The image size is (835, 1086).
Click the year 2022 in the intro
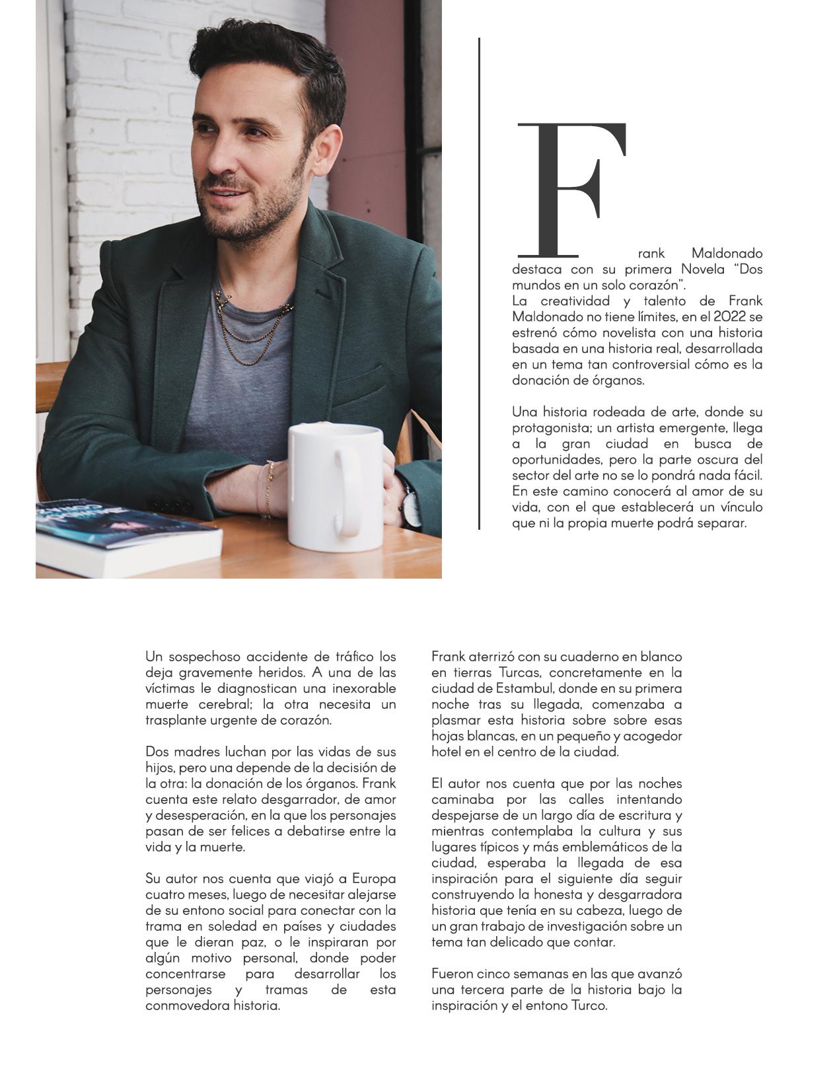point(731,317)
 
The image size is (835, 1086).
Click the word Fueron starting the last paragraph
point(451,974)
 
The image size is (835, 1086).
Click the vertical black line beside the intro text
point(479,284)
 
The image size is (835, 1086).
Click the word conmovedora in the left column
point(186,1005)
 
